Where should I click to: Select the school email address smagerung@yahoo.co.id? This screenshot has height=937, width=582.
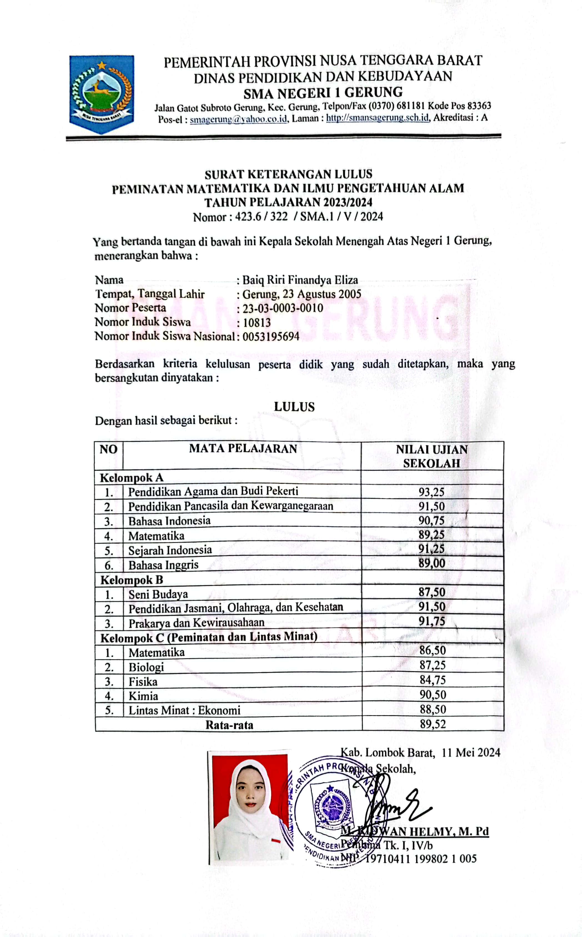239,119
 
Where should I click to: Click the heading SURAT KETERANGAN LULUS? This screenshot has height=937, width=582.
288,174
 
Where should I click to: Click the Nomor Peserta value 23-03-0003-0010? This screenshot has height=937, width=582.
283,308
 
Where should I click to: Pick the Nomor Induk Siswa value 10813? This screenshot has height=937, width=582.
257,322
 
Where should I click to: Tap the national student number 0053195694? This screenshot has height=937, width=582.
271,336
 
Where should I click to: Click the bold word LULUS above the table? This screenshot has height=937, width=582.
294,407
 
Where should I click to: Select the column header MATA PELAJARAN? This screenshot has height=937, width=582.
243,448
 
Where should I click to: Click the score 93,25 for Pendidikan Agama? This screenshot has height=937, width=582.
432,492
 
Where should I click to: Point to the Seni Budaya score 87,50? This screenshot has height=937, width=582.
432,592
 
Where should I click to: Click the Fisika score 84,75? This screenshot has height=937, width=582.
432,680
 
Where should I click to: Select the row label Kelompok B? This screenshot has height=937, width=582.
132,579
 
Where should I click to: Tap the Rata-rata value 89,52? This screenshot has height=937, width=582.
433,724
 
